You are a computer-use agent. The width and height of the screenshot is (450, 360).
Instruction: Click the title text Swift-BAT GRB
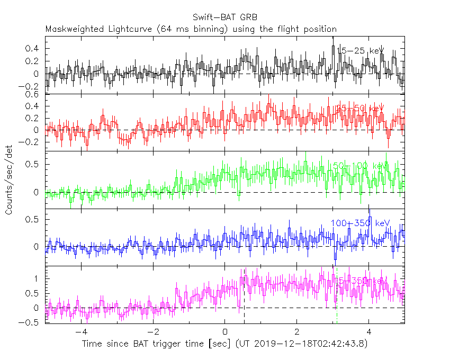224,16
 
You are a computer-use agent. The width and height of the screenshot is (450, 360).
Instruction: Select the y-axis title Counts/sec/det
10,180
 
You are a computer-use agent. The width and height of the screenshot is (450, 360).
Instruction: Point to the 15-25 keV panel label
360,51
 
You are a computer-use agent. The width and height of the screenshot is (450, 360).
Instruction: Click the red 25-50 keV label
360,108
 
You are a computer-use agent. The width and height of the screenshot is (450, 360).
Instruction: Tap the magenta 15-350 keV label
360,280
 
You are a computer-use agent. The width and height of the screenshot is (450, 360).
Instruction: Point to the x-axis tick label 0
225,332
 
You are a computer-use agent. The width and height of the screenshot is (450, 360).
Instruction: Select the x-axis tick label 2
296,332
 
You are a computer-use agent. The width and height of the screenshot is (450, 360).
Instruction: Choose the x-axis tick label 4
368,332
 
